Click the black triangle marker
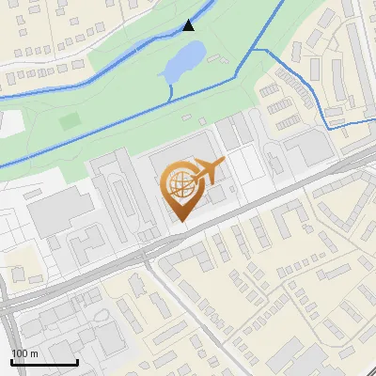pyautogui.click(x=189, y=25)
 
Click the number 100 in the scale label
pyautogui.click(x=18, y=352)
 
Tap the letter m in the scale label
pyautogui.click(x=33, y=352)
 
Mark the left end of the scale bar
pyautogui.click(x=11, y=362)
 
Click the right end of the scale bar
pyautogui.click(x=77, y=362)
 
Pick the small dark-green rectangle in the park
pyautogui.click(x=68, y=120)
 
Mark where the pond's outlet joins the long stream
pyautogui.click(x=169, y=99)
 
